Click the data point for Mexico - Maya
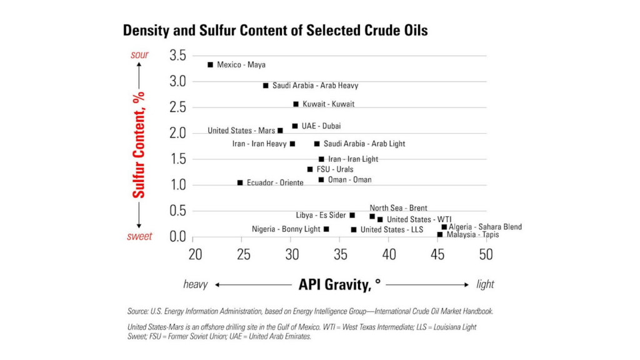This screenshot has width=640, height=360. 211,65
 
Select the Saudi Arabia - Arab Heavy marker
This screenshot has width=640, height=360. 266,86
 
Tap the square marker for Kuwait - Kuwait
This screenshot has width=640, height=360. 296,104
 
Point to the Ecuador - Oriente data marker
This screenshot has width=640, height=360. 240,182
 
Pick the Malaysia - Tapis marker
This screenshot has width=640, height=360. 440,234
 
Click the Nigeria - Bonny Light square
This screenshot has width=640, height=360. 326,229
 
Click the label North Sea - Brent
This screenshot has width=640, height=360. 398,208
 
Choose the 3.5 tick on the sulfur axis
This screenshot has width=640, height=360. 177,55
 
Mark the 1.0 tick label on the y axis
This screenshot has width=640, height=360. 177,185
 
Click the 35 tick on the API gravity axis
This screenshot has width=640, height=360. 341,254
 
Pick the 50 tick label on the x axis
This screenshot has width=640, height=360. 486,254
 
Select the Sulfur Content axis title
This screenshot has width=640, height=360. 139,144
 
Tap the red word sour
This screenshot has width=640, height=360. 139,55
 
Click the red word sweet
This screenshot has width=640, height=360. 139,237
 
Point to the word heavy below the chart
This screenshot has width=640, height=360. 195,284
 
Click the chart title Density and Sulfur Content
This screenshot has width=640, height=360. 275,30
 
